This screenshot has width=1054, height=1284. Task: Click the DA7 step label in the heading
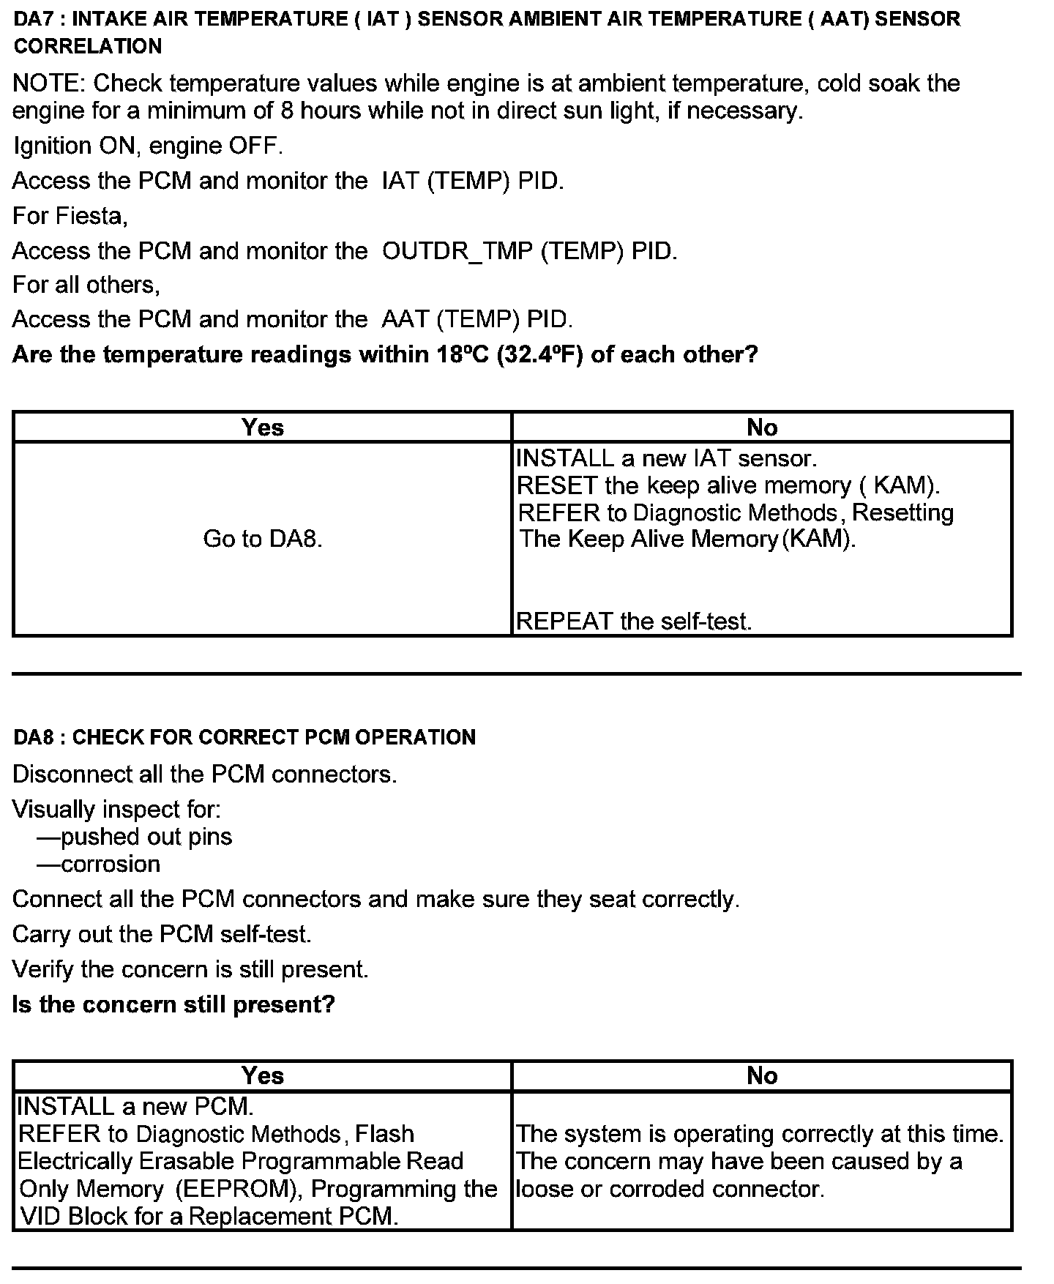31,19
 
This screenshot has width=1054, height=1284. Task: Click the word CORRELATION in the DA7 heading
88,46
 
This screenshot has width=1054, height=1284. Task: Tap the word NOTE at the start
48,83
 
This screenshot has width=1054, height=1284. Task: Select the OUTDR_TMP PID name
460,251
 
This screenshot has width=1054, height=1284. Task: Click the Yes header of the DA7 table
262,428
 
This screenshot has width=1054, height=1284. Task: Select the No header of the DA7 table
762,428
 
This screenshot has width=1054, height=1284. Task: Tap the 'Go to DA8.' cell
262,539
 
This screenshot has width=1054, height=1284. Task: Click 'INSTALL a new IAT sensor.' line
666,458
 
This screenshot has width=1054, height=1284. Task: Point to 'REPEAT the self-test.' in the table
634,622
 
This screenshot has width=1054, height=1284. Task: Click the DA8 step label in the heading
31,737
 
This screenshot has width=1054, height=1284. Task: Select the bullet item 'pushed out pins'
146,837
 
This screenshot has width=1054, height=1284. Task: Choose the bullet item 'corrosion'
110,865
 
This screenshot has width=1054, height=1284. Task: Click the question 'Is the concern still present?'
173,1004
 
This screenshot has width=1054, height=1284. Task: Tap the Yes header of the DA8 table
262,1075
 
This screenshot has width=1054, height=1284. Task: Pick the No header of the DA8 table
762,1075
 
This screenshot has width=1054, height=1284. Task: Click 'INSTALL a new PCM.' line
135,1106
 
